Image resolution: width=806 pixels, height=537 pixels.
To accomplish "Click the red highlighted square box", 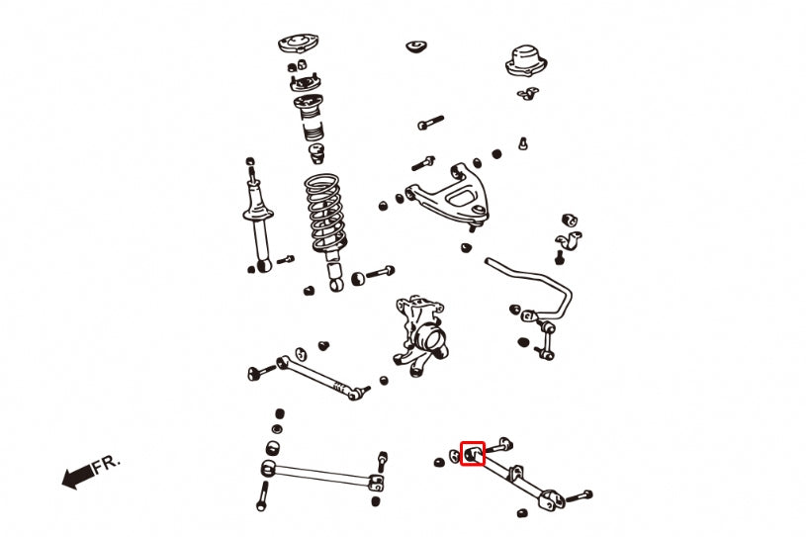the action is [473, 442].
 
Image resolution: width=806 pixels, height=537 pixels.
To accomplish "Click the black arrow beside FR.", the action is [77, 477].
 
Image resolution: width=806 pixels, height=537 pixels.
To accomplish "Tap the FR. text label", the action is [107, 464].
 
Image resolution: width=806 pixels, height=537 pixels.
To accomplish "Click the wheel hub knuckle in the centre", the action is [420, 334].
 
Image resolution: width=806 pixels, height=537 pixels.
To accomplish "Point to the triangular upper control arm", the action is [448, 194].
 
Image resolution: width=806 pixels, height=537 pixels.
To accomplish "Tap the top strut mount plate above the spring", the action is [299, 45].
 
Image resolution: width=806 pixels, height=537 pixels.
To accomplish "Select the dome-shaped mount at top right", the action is [526, 61].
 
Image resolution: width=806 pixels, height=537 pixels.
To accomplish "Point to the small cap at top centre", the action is [416, 46].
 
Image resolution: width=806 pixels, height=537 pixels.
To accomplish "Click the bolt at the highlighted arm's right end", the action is [579, 496].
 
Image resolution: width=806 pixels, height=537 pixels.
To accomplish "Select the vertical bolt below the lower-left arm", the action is [263, 495].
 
